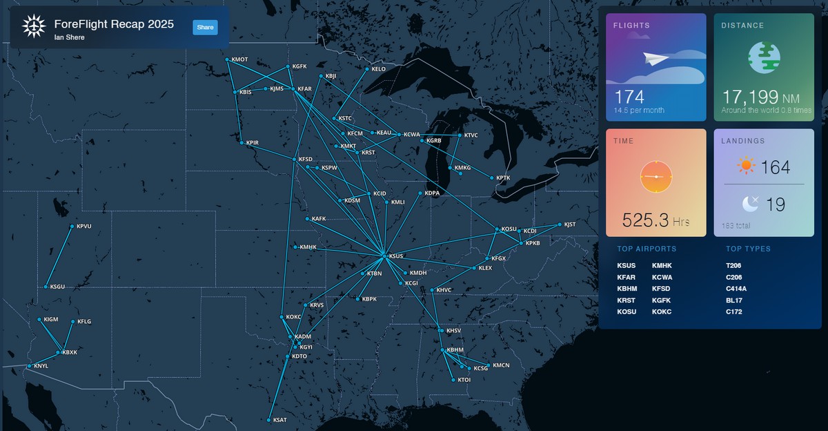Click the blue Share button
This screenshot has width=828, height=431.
click(205, 27)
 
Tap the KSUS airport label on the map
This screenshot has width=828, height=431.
click(396, 256)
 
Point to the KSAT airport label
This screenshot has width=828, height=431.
click(279, 420)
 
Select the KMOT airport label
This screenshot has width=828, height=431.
click(240, 59)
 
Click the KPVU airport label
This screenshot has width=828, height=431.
click(84, 226)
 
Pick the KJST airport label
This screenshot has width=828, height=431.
click(569, 224)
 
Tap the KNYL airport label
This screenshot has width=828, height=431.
click(41, 365)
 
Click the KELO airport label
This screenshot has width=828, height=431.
click(379, 69)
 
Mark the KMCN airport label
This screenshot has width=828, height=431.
click(501, 365)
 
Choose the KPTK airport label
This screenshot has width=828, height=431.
click(503, 178)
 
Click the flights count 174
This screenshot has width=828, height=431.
click(629, 98)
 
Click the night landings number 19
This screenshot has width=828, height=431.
click(775, 204)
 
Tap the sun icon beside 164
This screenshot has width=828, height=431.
click(746, 166)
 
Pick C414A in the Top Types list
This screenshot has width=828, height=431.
click(737, 289)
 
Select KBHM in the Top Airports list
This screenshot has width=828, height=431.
click(627, 289)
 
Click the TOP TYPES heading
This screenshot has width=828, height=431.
click(748, 249)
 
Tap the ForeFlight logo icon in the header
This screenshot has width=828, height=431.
click(33, 27)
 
